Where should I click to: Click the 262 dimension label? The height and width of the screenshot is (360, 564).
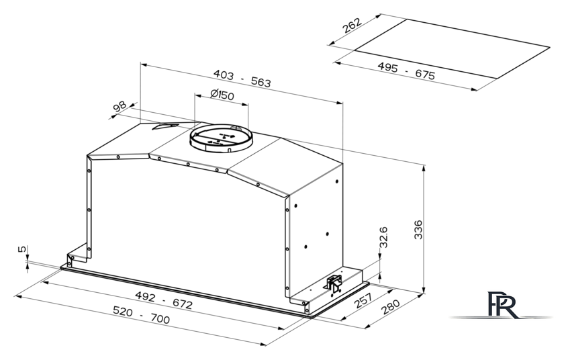point(351,25)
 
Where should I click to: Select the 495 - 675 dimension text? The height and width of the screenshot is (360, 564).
point(406,71)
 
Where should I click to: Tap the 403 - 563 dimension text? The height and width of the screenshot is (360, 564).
point(242,79)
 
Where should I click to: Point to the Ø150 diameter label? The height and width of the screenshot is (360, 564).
point(222,94)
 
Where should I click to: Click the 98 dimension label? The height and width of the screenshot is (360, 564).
point(120,106)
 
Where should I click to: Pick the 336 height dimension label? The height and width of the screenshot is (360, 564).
point(418,230)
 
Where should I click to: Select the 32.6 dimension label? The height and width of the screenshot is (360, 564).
point(383,237)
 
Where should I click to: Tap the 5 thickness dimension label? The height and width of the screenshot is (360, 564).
point(22,249)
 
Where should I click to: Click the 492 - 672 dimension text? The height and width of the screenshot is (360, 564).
point(164,300)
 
